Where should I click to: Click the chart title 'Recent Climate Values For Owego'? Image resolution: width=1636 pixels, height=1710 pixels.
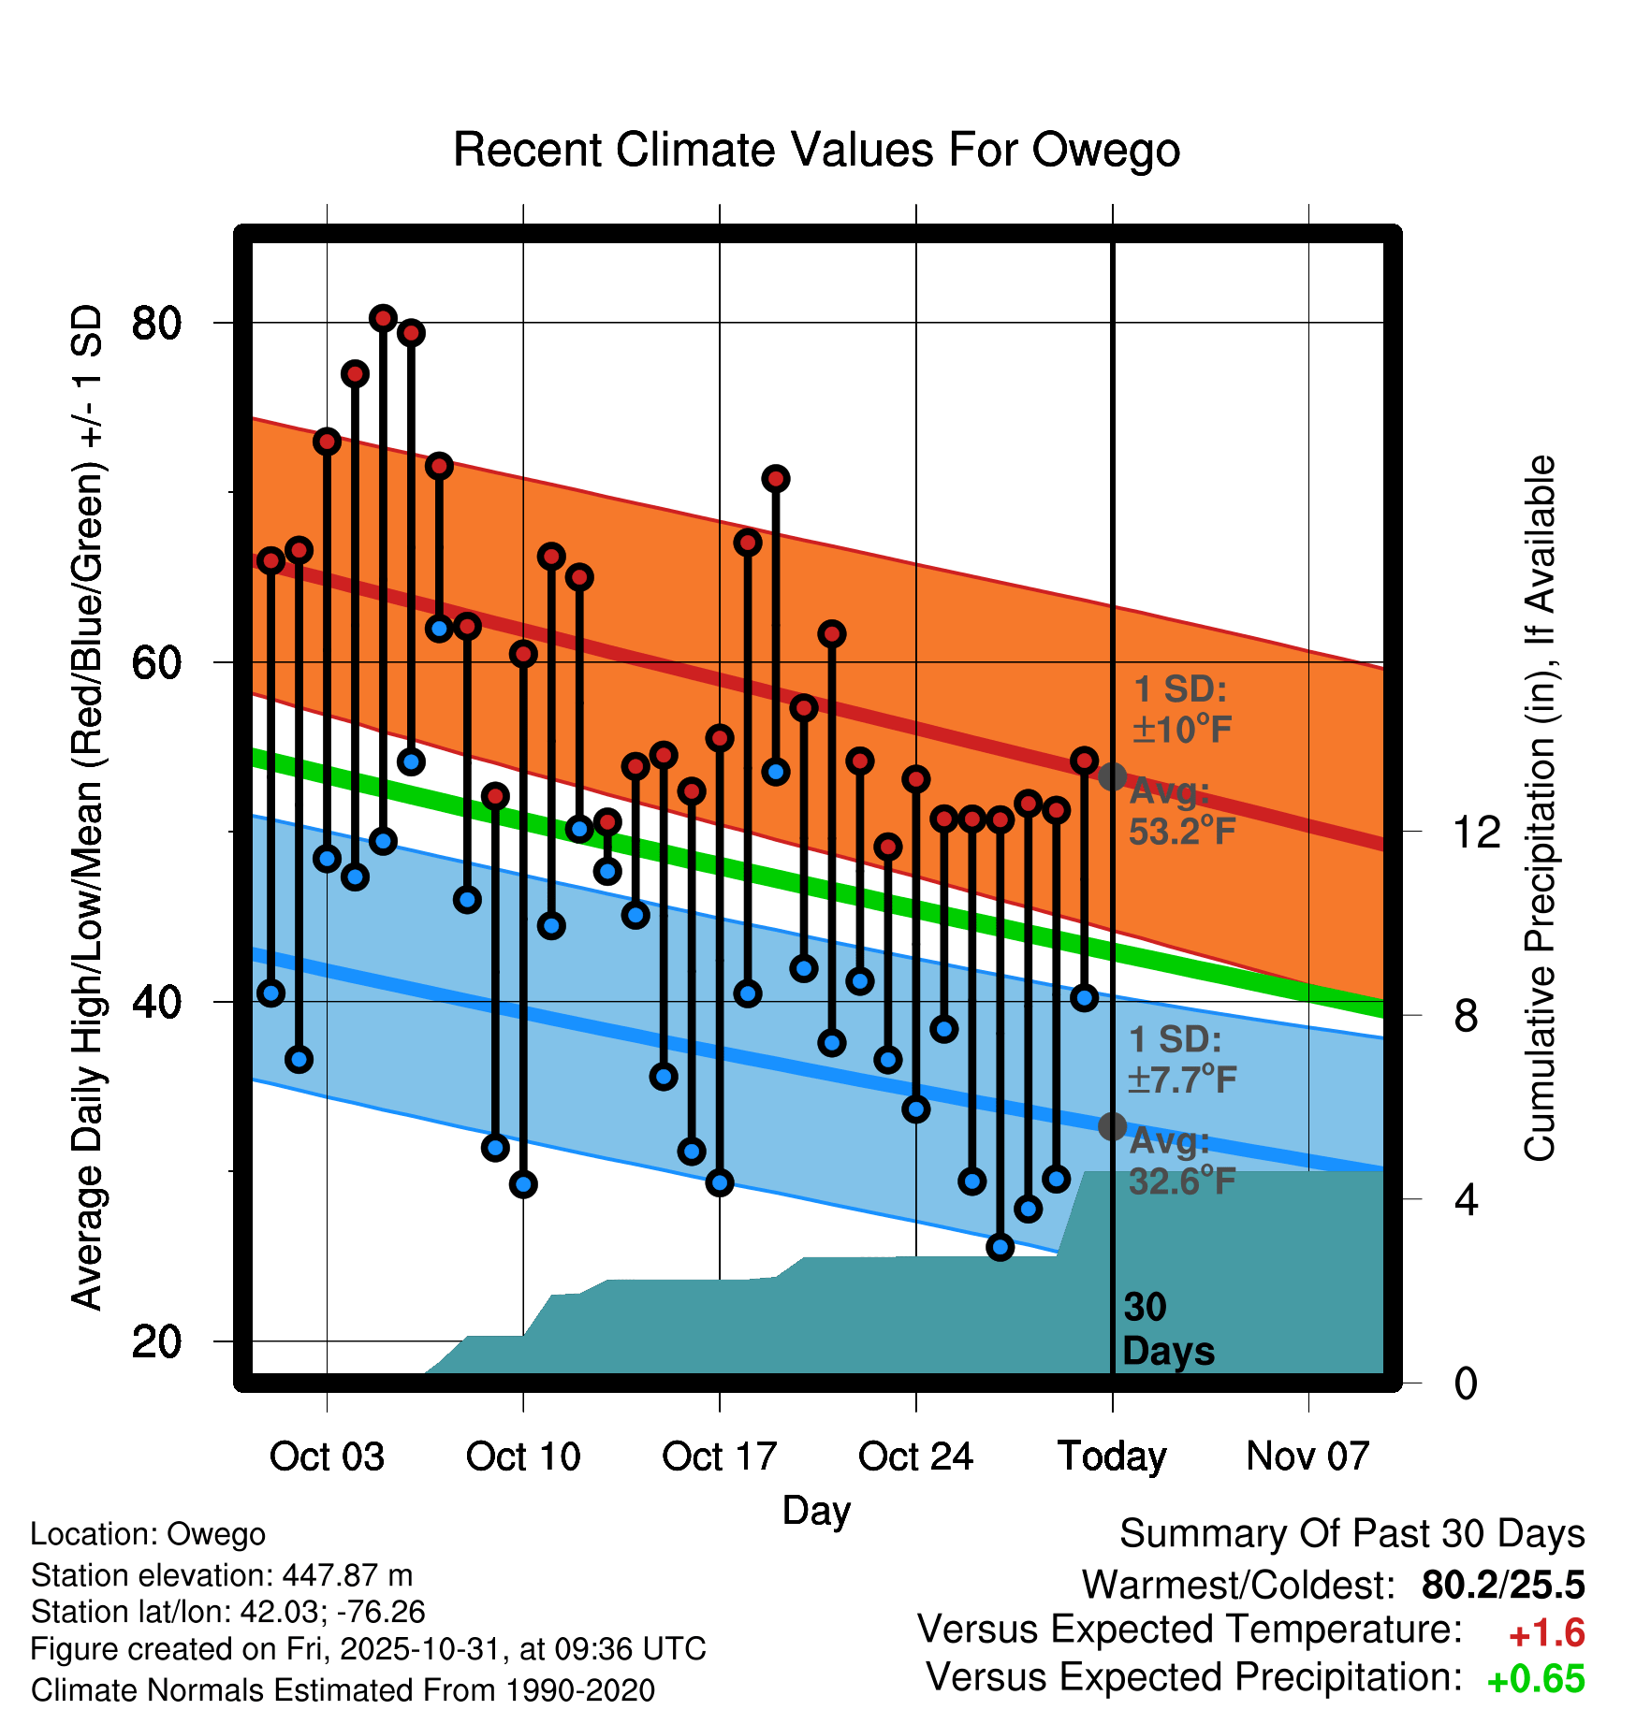coord(816,150)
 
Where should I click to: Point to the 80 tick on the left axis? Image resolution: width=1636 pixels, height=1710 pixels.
coord(156,324)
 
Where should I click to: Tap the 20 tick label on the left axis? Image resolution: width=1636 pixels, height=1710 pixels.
coord(156,1341)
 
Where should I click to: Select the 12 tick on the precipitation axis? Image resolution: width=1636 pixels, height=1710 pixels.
coord(1476,832)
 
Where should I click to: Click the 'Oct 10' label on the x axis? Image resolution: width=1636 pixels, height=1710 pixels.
coord(523,1456)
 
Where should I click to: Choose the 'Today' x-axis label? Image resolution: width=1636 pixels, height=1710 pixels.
coord(1112,1456)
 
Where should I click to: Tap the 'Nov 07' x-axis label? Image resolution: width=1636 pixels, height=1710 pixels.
coord(1307,1456)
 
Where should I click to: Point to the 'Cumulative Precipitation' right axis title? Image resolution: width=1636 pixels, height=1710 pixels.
coord(1540,809)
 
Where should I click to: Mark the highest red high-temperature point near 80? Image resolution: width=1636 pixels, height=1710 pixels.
coord(383,319)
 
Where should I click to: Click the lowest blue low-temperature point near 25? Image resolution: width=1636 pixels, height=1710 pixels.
coord(1001,1247)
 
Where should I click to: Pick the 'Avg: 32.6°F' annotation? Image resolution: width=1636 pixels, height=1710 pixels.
coord(1181,1161)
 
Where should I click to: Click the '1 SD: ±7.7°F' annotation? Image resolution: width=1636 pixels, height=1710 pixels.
coord(1181,1060)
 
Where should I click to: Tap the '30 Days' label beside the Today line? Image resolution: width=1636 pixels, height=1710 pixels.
coord(1167,1329)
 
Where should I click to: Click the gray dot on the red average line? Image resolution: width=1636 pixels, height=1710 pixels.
coord(1112,776)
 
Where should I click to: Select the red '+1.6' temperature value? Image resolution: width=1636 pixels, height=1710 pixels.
coord(1546,1633)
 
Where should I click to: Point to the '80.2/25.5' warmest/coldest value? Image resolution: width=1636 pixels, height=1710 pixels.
coord(1502,1586)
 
